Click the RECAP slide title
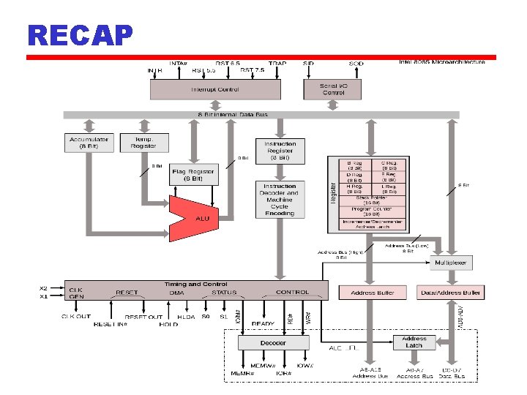tap(80, 34)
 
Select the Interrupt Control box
tap(215, 89)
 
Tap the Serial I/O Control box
tap(333, 89)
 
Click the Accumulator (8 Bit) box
tap(89, 142)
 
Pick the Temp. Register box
tap(143, 142)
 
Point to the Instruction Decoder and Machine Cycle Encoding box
tap(279, 199)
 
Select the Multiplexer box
tap(450, 263)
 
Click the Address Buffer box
tap(373, 292)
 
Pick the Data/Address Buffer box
tap(450, 292)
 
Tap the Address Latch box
tap(414, 342)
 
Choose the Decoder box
tap(273, 342)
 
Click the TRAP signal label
tap(277, 64)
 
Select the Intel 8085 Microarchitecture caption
tap(441, 62)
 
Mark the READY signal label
tap(263, 324)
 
